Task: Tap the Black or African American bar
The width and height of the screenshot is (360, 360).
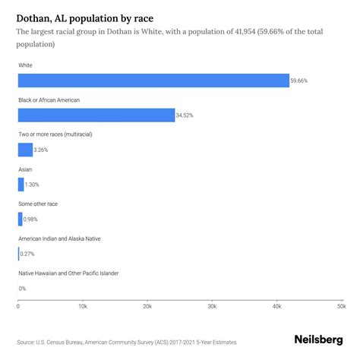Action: click(x=96, y=115)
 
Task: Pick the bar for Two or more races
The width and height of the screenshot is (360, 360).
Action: click(x=25, y=150)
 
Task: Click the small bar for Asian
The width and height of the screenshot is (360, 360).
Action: click(x=21, y=184)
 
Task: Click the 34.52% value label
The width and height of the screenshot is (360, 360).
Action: click(x=186, y=115)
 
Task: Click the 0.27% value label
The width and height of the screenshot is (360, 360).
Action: click(x=27, y=254)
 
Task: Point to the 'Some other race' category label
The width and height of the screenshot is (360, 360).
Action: click(x=38, y=204)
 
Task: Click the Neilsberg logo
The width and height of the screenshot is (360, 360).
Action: click(x=318, y=341)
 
